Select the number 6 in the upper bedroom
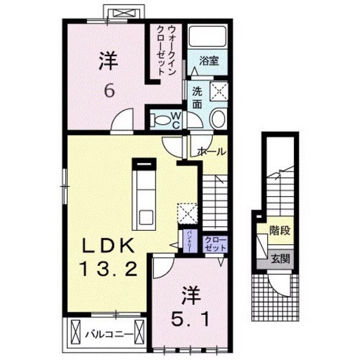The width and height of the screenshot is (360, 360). click(x=109, y=91)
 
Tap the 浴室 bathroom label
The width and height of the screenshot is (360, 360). click(x=209, y=62)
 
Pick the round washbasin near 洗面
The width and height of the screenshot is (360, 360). click(x=218, y=118)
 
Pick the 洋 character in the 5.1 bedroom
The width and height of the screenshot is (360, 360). click(x=190, y=295)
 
